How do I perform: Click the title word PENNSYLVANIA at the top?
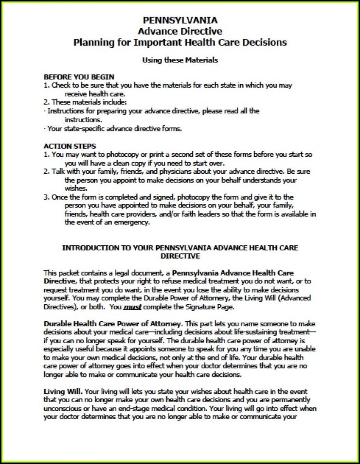[180, 20]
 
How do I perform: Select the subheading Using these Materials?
[180, 60]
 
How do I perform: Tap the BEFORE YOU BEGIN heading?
[79, 77]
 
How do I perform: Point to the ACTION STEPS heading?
[70, 146]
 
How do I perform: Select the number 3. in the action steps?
[46, 196]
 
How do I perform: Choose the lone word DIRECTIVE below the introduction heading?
[180, 256]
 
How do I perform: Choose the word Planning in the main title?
[91, 42]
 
